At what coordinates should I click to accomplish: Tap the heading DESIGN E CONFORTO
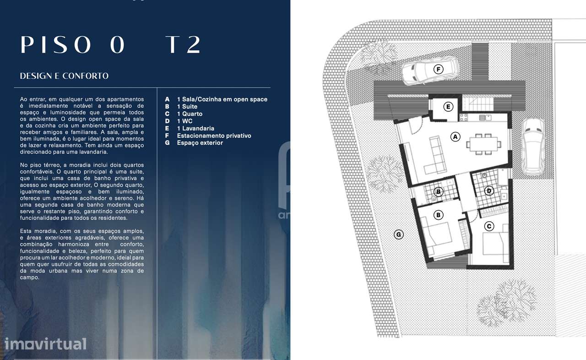pyautogui.click(x=64, y=76)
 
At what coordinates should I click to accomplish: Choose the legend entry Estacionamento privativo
pyautogui.click(x=214, y=136)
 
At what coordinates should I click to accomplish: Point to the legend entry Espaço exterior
pyautogui.click(x=200, y=143)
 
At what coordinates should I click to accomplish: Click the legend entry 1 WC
pyautogui.click(x=187, y=121)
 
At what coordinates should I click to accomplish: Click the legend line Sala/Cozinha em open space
pyautogui.click(x=222, y=99)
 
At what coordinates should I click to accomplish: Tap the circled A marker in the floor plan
pyautogui.click(x=455, y=136)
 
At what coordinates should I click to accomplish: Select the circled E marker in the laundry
pyautogui.click(x=448, y=107)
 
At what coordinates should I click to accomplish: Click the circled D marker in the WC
pyautogui.click(x=489, y=191)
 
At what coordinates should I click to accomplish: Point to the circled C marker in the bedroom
pyautogui.click(x=489, y=226)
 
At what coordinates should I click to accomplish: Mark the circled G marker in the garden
pyautogui.click(x=399, y=235)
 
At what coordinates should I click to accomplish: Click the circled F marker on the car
pyautogui.click(x=438, y=69)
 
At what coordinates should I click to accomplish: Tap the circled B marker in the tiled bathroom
pyautogui.click(x=439, y=191)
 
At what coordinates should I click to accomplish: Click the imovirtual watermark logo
pyautogui.click(x=45, y=344)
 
